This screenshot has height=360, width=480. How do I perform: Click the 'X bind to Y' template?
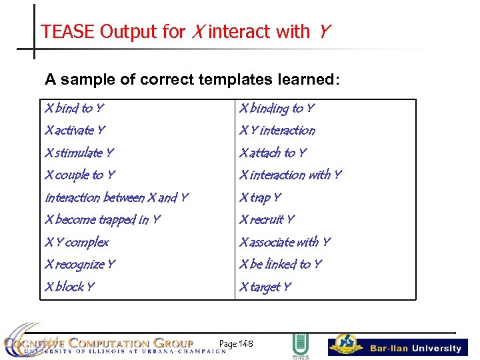[74, 108]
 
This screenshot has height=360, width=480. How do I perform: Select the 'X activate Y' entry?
[75, 131]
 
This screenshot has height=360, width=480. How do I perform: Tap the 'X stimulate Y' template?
[79, 153]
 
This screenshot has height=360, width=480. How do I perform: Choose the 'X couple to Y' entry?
[79, 175]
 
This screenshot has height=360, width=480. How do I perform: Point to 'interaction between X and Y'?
[116, 197]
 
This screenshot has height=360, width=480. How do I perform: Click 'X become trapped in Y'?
[102, 220]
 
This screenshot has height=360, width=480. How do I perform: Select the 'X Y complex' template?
[76, 242]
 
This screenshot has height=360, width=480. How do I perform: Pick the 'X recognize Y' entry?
[79, 265]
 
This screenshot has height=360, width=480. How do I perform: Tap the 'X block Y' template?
[69, 287]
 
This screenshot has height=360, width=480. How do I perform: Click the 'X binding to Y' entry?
[277, 108]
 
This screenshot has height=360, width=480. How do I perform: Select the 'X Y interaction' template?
[277, 131]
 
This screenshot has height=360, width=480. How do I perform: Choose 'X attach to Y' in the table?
[273, 153]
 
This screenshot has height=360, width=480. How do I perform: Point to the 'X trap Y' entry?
[260, 197]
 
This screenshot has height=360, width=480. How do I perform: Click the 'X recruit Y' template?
[266, 220]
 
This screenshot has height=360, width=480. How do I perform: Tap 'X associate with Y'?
[285, 242]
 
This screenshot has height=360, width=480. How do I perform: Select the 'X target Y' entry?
[265, 287]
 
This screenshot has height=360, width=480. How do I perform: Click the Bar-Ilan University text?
[415, 348]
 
